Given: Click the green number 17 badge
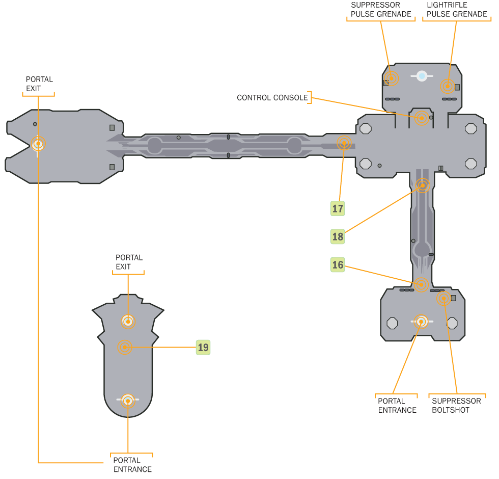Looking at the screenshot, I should pos(338,208).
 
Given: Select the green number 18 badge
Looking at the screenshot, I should pos(338,236).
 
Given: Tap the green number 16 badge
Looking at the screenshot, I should pos(338,264).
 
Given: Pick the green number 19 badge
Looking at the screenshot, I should pos(203,348).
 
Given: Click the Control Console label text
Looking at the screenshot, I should pos(272,97).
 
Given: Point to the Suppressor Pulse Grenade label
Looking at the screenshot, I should pos(381,10).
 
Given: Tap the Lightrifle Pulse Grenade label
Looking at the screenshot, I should pos(457,10).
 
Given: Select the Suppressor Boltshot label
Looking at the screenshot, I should pos(456,405).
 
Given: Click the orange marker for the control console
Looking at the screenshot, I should pos(421,118).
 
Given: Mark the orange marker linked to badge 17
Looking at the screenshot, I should pos(344,143).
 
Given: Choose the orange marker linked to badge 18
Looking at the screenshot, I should pos(423,185).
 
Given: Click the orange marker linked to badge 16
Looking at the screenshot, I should pos(421,284).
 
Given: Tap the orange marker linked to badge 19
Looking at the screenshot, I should pos(125,348).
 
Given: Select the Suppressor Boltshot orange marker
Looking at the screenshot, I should pos(443,298).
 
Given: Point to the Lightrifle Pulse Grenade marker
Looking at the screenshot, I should pos(448,86).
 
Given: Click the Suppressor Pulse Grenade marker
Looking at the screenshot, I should pos(391,78).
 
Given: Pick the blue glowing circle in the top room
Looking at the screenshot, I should pos(422,76).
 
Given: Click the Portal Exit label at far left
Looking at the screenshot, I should pos(40,84).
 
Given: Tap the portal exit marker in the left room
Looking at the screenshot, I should pos(38,144).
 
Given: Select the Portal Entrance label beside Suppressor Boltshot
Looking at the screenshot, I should pos(397,405).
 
